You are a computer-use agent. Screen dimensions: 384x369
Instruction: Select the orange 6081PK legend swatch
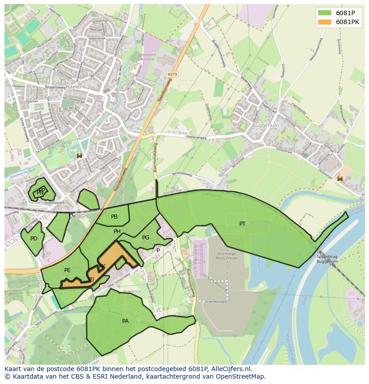coord(324,22)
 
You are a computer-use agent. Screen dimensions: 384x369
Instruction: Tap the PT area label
coord(242,224)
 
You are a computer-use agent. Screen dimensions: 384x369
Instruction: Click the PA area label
coord(125,321)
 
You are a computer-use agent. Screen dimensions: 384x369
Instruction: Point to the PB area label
coord(114,217)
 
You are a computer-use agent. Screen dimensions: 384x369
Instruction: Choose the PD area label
coord(34,239)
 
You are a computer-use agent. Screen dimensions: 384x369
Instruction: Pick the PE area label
coord(67,270)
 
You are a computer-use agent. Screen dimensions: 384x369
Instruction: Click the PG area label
coord(146,238)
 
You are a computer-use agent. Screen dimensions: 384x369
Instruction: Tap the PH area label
coord(117,231)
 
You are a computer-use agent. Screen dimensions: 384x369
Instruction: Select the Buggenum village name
coord(265,126)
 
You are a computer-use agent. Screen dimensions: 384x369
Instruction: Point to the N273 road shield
coord(172,74)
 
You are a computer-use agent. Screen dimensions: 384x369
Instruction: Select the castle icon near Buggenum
coord(340,178)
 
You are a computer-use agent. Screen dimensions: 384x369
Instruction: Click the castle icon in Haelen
coord(80,155)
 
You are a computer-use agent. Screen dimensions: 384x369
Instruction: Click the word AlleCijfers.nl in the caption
coord(231,369)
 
